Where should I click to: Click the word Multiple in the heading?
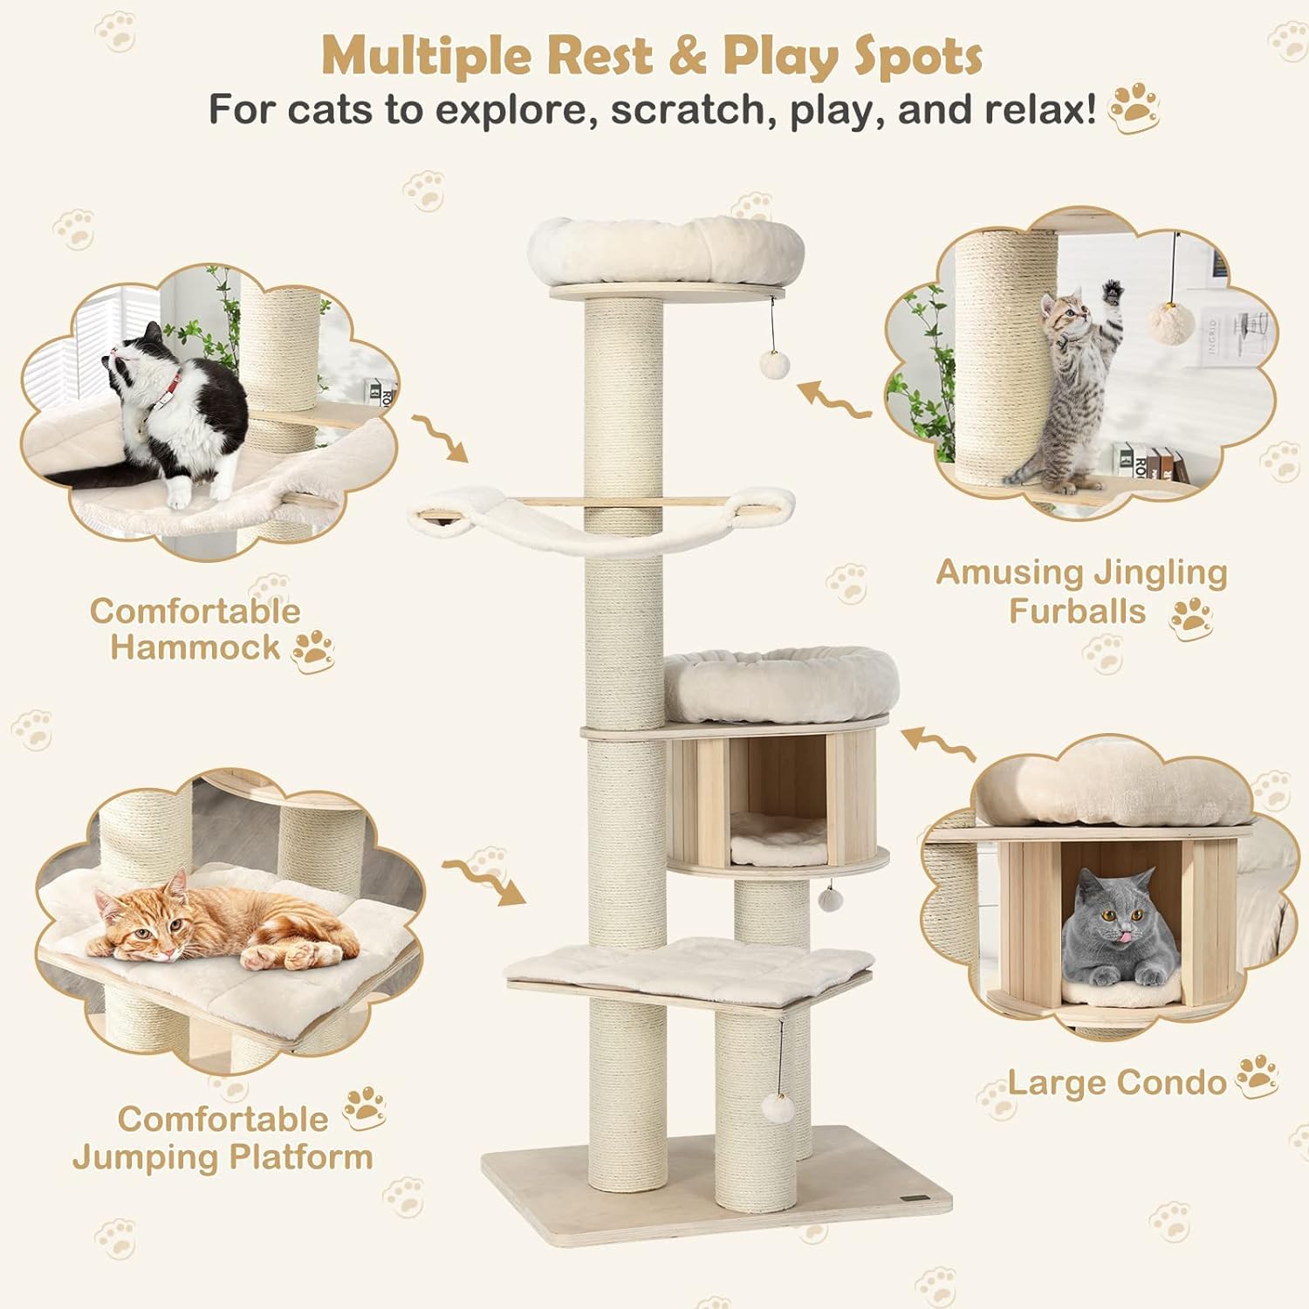coord(428,57)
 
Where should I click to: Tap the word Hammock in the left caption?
coord(195,648)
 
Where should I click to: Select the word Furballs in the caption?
coord(1077,611)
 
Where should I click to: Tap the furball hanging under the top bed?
coord(773,364)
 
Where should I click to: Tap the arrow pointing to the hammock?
coord(441,437)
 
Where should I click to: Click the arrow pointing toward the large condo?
coord(938,746)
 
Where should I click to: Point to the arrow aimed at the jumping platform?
coord(484,881)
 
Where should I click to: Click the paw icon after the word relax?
coord(1134,108)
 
